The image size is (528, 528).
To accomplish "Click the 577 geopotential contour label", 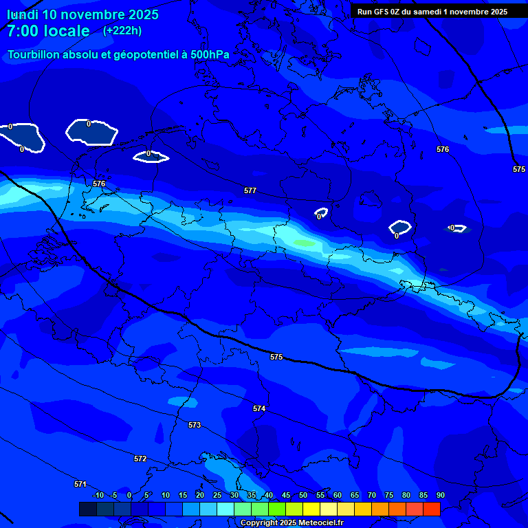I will click(250, 190).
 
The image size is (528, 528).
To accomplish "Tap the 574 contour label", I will click(258, 408).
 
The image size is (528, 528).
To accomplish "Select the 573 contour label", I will click(195, 426).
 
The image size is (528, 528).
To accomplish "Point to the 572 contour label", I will click(140, 459).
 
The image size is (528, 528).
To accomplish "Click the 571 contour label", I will click(80, 484).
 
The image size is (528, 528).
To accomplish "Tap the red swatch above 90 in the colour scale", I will click(431, 509).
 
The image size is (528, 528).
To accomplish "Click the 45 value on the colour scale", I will click(286, 496).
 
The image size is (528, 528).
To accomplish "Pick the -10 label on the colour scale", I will click(98, 496).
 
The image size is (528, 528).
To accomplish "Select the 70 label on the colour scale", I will click(372, 496).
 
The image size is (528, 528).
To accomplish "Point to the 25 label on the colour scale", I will click(217, 496).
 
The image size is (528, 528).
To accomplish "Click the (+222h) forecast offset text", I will click(122, 30).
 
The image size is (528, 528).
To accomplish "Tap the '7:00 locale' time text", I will click(48, 31).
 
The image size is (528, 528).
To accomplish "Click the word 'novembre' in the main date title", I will click(95, 14).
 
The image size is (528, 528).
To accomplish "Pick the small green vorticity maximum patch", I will click(305, 243).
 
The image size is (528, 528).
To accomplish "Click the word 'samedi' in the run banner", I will click(434, 11).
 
